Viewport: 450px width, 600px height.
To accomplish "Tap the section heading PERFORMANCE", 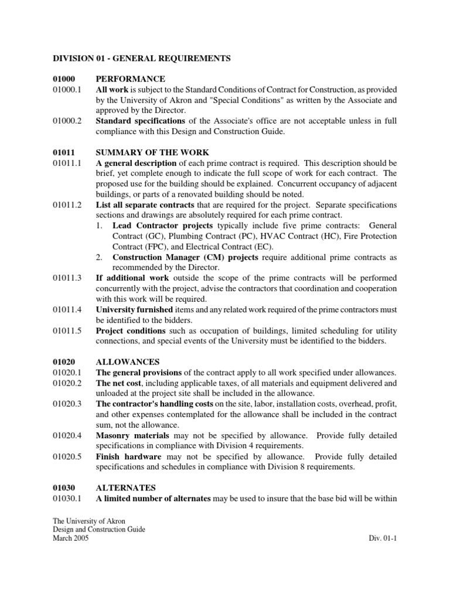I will (130, 79).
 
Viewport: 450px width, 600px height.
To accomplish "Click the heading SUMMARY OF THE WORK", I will (145, 152).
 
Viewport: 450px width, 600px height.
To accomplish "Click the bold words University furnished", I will (134, 309).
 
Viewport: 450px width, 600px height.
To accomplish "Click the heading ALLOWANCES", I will (127, 362).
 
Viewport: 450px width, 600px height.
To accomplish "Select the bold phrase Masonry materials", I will (132, 436).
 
